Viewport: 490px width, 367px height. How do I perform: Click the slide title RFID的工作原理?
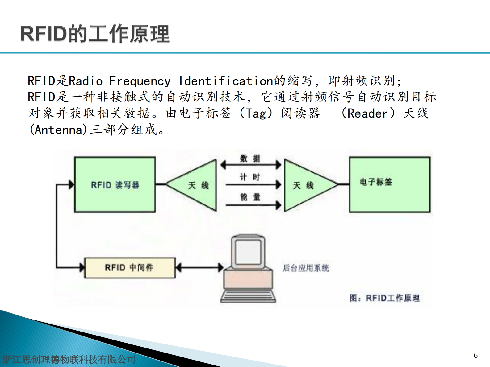95,34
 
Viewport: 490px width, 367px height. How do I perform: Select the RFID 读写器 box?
115,185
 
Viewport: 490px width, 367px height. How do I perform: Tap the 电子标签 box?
389,184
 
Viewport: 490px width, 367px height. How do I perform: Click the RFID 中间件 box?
130,268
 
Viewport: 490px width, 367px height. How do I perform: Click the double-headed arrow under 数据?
250,165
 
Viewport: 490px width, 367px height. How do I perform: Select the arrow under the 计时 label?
253,185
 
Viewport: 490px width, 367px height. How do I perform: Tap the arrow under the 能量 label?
253,205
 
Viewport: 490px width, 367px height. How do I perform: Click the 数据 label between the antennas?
250,159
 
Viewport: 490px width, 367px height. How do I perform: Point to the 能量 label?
250,197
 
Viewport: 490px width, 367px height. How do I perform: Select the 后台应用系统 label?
306,268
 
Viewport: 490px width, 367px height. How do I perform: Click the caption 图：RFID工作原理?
384,298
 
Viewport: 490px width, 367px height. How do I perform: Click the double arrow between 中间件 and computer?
199,267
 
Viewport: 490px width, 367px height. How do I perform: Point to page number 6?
475,355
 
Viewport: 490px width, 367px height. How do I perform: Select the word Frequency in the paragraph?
140,81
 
